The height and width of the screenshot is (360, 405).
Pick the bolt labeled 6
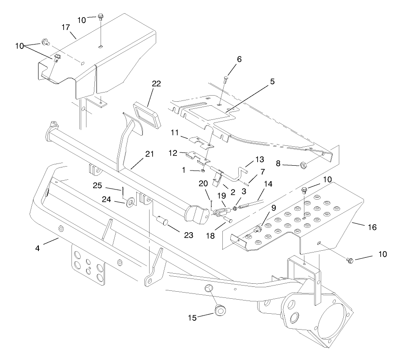227,79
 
